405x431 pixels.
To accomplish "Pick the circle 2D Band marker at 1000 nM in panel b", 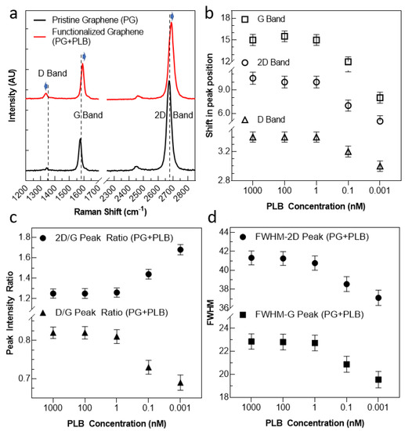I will pos(252,78).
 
